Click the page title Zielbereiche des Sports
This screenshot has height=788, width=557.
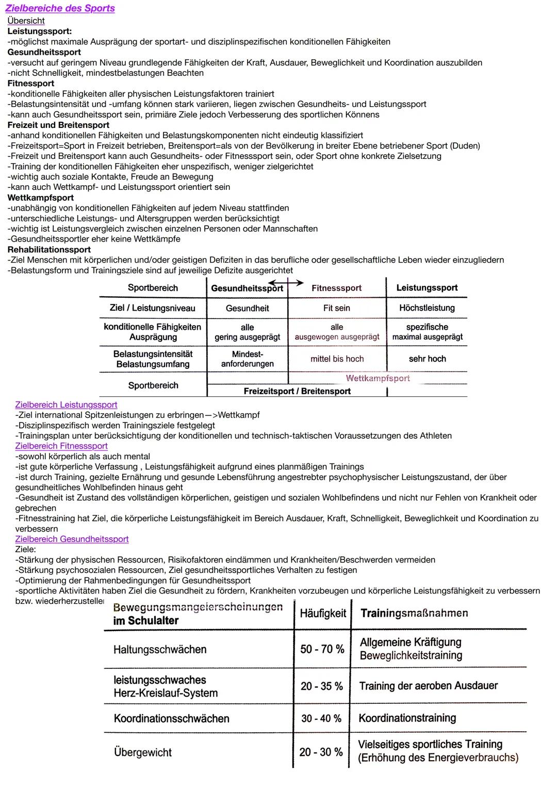(60, 8)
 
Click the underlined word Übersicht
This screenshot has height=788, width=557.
(26, 21)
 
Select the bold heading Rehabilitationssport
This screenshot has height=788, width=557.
(49, 249)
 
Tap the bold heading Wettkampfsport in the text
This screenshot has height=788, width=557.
(40, 198)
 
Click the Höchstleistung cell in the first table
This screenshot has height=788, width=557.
(427, 308)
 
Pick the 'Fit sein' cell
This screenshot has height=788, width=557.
(336, 308)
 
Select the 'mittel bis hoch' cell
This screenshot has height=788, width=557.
(337, 359)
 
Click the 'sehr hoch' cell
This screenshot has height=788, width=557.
(427, 359)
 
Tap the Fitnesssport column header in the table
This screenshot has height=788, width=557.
(336, 288)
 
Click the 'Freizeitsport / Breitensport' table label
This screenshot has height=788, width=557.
(297, 391)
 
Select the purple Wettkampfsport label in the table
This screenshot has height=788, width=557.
(378, 378)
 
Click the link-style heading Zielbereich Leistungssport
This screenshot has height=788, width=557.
(66, 405)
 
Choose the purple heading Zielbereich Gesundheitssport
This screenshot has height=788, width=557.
(72, 539)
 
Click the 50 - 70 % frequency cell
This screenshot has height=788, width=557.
(322, 649)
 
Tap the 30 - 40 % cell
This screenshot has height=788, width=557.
(321, 718)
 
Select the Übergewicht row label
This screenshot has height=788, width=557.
(142, 752)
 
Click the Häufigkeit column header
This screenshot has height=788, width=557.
(323, 613)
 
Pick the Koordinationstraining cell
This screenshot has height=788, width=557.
(407, 718)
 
